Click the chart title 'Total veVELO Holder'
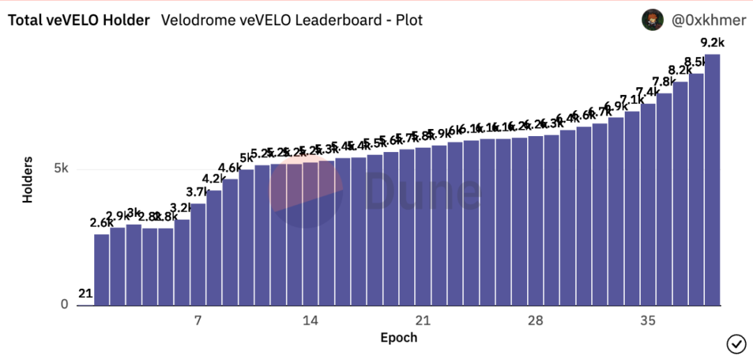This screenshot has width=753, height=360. pyautogui.click(x=79, y=20)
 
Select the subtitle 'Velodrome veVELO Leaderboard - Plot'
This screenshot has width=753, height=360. pyautogui.click(x=292, y=20)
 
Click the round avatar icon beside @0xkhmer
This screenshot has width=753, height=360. pyautogui.click(x=652, y=21)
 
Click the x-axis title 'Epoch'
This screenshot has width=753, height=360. pyautogui.click(x=399, y=338)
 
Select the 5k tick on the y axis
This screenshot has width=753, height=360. pyautogui.click(x=61, y=169)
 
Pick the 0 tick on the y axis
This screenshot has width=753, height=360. pyautogui.click(x=64, y=305)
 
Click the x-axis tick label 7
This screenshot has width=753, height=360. pyautogui.click(x=198, y=321)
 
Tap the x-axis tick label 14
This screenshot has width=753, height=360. pyautogui.click(x=310, y=321)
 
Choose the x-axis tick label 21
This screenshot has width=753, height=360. pyautogui.click(x=423, y=321)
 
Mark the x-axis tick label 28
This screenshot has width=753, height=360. pyautogui.click(x=535, y=321)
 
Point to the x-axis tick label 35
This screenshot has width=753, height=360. pyautogui.click(x=648, y=321)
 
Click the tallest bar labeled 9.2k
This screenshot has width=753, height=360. pyautogui.click(x=712, y=181)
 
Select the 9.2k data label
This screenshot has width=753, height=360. pyautogui.click(x=712, y=43)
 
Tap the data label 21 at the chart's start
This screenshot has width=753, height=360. pyautogui.click(x=85, y=294)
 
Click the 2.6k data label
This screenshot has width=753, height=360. pyautogui.click(x=102, y=223)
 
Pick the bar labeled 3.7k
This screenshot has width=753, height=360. pyautogui.click(x=198, y=255)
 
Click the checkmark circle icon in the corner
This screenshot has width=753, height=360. pyautogui.click(x=736, y=343)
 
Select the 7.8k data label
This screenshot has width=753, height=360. pyautogui.click(x=664, y=82)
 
